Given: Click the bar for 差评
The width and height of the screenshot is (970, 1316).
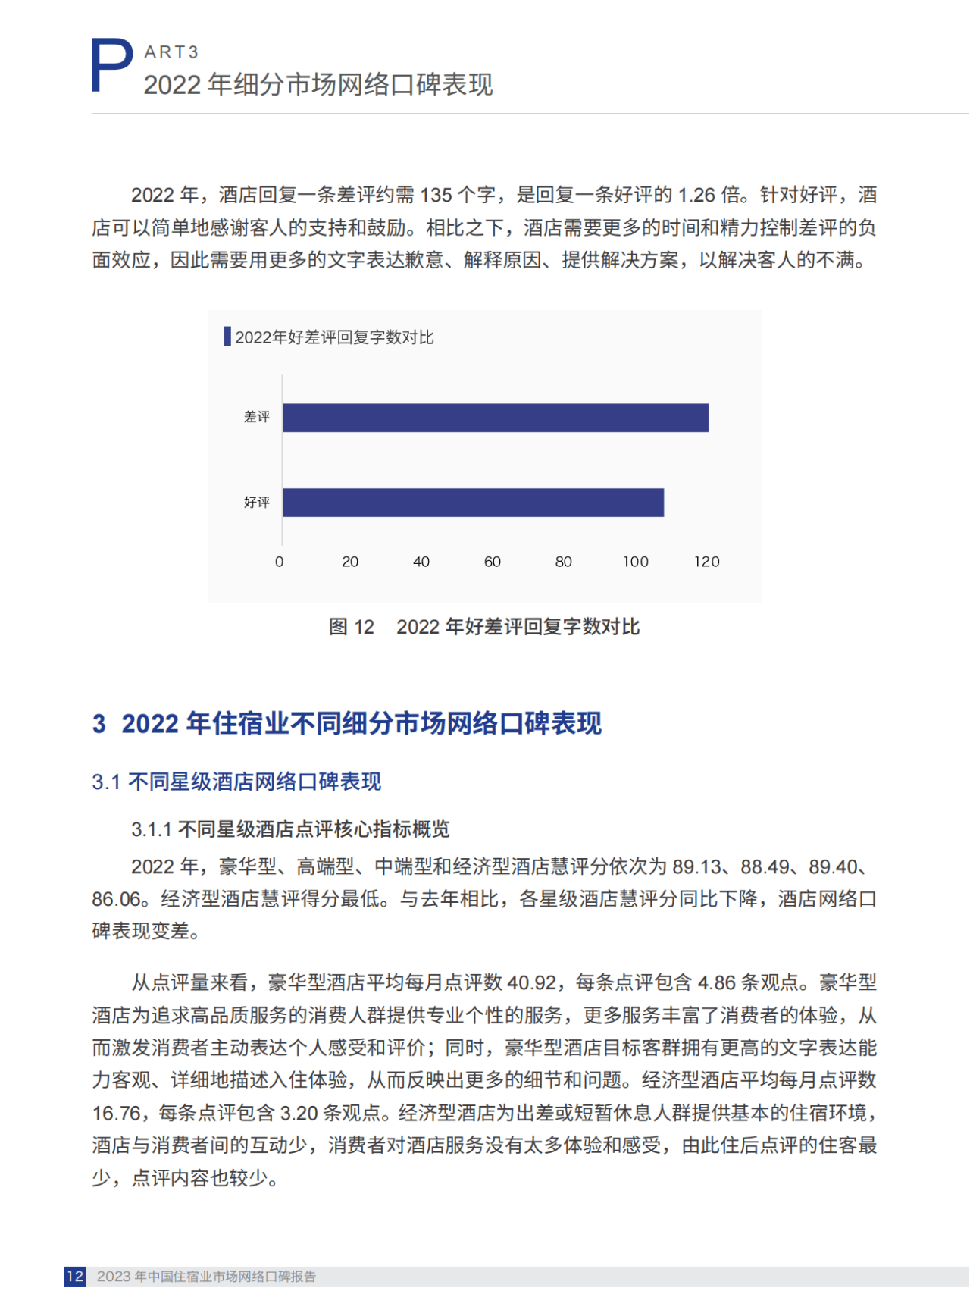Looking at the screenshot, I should click(x=496, y=418).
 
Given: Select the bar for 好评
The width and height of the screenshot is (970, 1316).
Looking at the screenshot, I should click(x=473, y=503).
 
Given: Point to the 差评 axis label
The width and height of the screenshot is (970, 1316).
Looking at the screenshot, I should click(x=257, y=417).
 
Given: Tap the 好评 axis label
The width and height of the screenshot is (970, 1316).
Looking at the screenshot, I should click(x=257, y=503).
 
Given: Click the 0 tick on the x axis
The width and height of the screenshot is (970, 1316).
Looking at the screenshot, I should click(x=280, y=562).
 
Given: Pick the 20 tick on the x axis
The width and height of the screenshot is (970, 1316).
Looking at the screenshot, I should click(x=350, y=562).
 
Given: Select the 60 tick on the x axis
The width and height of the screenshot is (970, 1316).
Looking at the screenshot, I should click(x=493, y=562).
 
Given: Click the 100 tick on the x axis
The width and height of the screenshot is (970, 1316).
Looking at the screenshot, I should click(x=636, y=562).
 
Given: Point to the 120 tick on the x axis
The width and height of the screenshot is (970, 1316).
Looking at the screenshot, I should click(x=707, y=562).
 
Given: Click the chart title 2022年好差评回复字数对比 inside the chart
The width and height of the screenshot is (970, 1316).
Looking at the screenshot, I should click(x=334, y=337).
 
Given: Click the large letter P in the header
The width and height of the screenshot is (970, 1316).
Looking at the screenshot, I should click(x=111, y=67).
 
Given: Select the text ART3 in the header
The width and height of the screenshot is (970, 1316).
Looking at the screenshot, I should click(x=171, y=52).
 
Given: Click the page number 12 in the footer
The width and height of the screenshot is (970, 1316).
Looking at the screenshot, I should click(x=74, y=1277).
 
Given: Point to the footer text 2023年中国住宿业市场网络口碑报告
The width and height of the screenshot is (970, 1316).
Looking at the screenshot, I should click(x=206, y=1277).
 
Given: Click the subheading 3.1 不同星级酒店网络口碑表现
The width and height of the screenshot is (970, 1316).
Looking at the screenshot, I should click(x=236, y=782).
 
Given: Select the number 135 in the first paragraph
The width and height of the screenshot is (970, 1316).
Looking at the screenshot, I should click(x=436, y=196).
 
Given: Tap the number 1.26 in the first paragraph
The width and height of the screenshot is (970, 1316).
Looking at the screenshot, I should click(x=696, y=196).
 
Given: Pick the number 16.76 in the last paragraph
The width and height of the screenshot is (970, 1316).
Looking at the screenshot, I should click(x=117, y=1114).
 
